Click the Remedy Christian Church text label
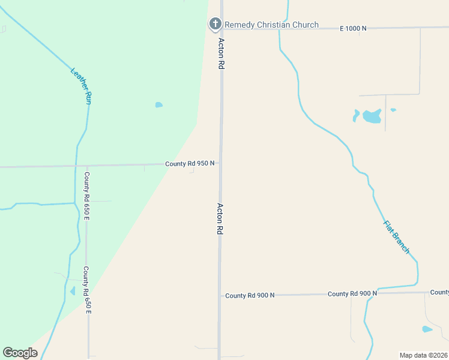click(x=271, y=25)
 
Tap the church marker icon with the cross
click(x=214, y=24)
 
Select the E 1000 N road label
click(x=352, y=28)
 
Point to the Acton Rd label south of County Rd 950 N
click(x=220, y=218)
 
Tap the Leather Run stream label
click(x=81, y=86)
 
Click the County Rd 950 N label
click(x=190, y=163)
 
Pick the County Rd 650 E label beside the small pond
click(x=87, y=290)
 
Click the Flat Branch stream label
click(x=396, y=237)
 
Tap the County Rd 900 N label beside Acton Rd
click(x=250, y=295)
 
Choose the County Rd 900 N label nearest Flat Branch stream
click(x=352, y=293)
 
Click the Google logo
click(x=20, y=353)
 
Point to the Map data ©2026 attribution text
click(x=423, y=355)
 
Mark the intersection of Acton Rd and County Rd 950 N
click(x=220, y=163)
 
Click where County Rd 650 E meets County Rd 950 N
click(x=87, y=166)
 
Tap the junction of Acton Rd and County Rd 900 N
click(x=220, y=295)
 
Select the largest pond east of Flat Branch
click(x=372, y=116)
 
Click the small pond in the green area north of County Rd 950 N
click(x=158, y=105)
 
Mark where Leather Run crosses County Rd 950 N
click(x=76, y=166)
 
